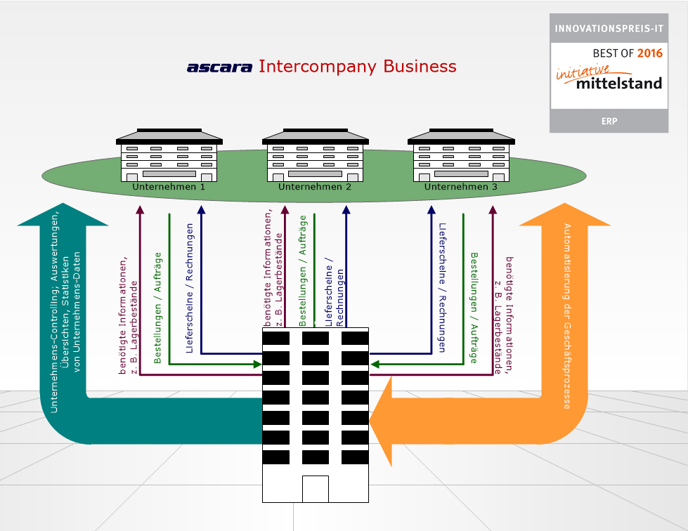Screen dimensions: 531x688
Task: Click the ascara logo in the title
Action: tap(219, 67)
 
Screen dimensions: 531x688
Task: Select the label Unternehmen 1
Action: tap(169, 188)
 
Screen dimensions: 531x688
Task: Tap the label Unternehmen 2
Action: tap(315, 188)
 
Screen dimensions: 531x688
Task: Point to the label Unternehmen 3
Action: tap(461, 188)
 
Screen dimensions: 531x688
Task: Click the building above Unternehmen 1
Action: tap(169, 155)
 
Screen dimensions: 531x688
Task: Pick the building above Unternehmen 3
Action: tap(461, 155)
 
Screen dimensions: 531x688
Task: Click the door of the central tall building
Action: tap(315, 489)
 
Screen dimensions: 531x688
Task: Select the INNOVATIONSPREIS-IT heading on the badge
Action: tap(609, 29)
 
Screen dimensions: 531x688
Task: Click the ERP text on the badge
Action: tap(609, 122)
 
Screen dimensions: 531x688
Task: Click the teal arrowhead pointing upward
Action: tap(63, 214)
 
